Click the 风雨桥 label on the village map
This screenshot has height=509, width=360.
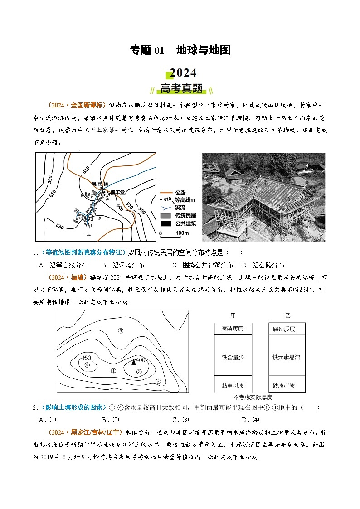tap(100, 184)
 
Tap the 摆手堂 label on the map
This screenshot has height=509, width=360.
tap(117, 193)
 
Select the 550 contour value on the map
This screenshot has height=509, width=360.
tap(142, 211)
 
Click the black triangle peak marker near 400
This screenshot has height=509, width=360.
tap(133, 362)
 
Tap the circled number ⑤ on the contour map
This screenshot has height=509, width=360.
tap(121, 330)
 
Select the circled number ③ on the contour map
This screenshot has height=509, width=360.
tap(158, 381)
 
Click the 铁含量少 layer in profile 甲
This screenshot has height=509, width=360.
tap(233, 357)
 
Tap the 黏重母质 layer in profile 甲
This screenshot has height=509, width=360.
tap(233, 385)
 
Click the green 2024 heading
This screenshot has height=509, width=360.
tap(183, 73)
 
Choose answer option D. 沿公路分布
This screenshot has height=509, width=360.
tap(263, 265)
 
